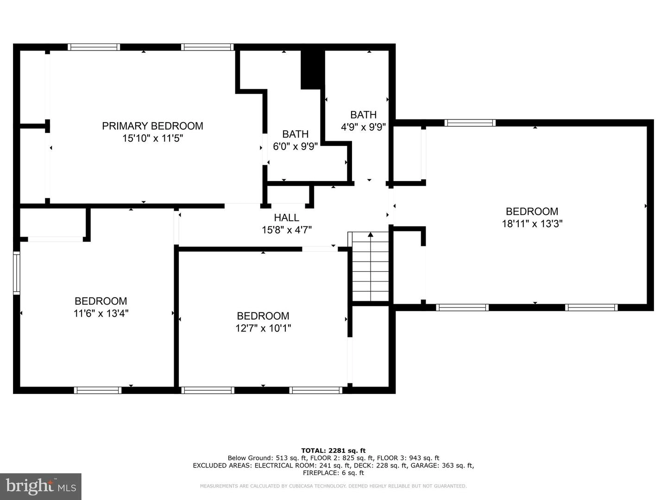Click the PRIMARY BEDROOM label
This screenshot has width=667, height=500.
(x=152, y=126)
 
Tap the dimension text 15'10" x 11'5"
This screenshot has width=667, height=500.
(x=152, y=138)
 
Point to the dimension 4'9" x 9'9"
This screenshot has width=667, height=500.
(x=363, y=127)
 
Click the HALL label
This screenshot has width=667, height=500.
(x=287, y=218)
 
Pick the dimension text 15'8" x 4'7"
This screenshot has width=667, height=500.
(x=287, y=230)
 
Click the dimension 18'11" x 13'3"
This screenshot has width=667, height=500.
(x=532, y=224)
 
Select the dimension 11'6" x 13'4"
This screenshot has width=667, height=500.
(x=101, y=313)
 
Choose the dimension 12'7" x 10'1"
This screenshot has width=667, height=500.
(x=263, y=328)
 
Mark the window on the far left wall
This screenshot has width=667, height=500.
(x=16, y=273)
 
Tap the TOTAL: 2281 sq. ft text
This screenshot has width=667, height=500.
(x=333, y=450)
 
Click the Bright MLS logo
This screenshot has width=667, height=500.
(x=41, y=486)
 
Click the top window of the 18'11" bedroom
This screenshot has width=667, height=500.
(x=470, y=123)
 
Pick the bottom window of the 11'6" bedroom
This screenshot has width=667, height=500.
(x=98, y=390)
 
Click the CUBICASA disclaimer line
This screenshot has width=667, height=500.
(x=333, y=486)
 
